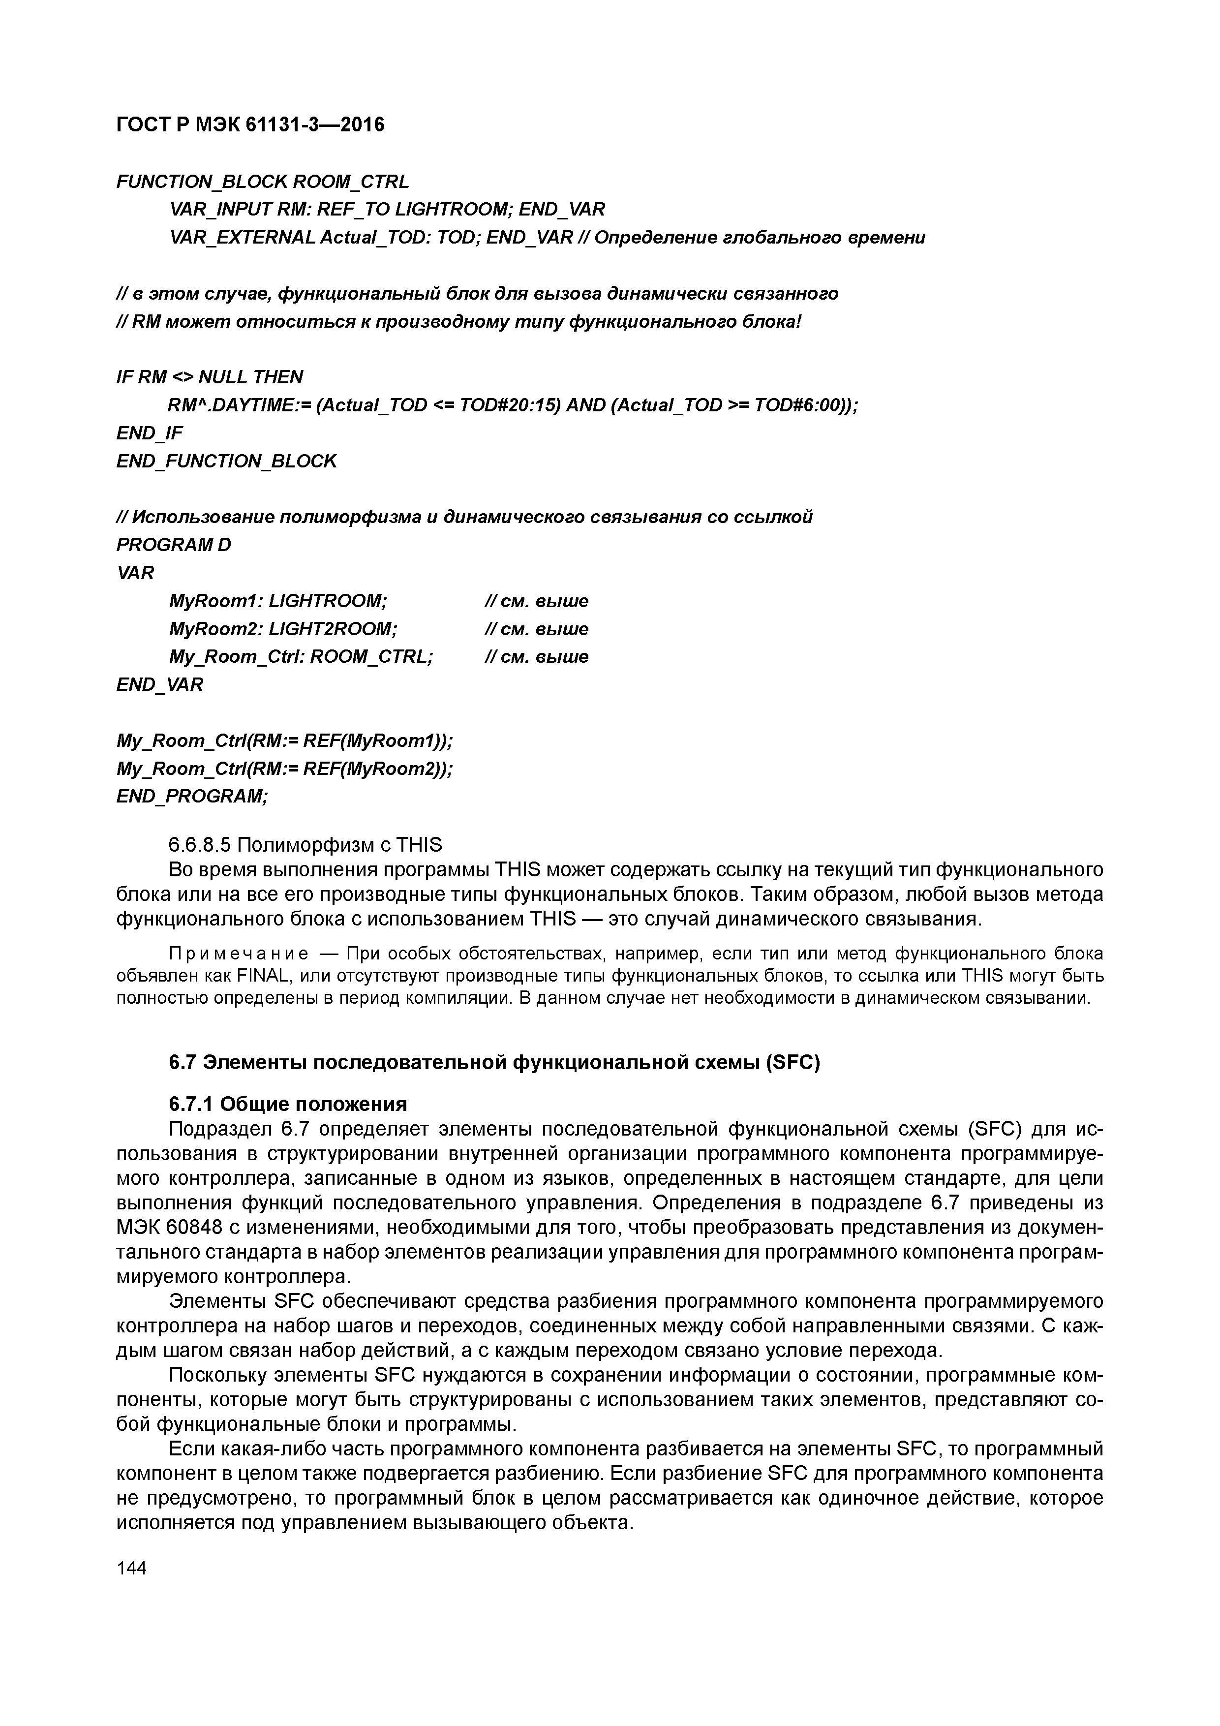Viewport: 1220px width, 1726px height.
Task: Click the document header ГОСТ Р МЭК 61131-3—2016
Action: tap(250, 124)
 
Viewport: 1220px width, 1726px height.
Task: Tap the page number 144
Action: tap(132, 1568)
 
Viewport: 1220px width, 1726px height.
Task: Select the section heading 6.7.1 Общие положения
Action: tap(288, 1104)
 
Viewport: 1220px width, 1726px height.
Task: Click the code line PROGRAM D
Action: tap(174, 544)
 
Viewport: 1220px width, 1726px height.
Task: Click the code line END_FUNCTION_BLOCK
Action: tap(226, 461)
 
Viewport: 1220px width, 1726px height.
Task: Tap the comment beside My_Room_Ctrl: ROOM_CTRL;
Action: tap(536, 656)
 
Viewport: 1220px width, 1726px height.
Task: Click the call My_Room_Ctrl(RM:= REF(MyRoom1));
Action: tap(285, 740)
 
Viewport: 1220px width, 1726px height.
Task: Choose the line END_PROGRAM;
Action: tap(192, 796)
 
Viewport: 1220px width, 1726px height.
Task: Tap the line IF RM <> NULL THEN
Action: tap(210, 376)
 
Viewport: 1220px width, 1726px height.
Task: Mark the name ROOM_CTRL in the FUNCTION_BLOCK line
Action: tap(350, 181)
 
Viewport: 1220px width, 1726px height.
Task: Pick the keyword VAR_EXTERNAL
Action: tap(242, 238)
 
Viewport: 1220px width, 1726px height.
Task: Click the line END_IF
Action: tap(150, 433)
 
